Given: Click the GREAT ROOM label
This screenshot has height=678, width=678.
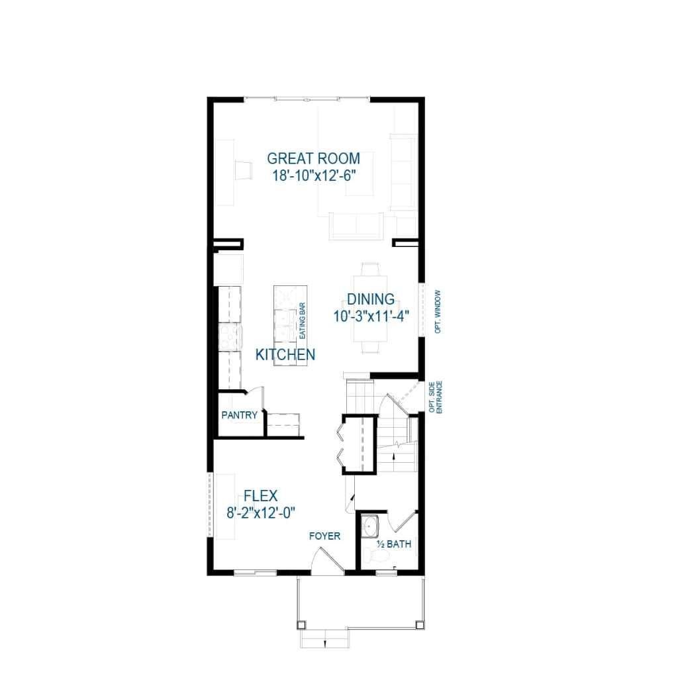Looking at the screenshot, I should click(313, 159).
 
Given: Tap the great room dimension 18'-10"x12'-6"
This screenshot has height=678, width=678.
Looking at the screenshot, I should click(313, 176).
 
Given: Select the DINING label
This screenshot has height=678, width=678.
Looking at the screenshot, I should click(370, 299).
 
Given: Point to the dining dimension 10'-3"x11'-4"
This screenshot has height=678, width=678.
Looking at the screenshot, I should click(370, 316).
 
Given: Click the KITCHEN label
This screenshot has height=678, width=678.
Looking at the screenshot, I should click(285, 355).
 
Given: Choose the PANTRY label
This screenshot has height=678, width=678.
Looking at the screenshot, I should click(239, 415).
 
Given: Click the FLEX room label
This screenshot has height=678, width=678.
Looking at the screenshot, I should click(260, 495).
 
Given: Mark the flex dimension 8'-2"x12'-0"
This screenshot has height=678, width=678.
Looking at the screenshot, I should click(260, 512).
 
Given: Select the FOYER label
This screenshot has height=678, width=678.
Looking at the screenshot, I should click(324, 536).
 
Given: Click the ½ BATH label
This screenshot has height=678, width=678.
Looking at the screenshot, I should click(394, 544).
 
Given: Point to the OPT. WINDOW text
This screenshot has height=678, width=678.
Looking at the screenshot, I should click(438, 311).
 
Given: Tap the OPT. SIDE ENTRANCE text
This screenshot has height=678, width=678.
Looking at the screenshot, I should click(434, 397).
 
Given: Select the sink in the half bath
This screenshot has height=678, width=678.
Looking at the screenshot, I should click(369, 526).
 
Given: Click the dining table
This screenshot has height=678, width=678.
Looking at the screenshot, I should click(371, 308).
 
